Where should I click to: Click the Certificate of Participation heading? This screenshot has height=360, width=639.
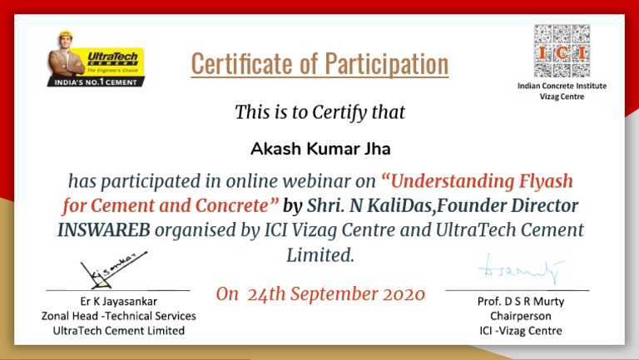point(319,64)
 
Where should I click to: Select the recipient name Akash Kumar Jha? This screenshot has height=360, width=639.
point(319,150)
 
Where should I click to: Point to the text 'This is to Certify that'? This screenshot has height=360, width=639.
point(319,111)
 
